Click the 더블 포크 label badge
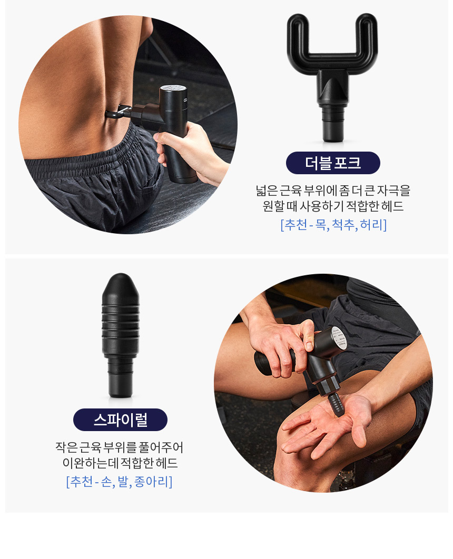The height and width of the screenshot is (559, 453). point(333,163)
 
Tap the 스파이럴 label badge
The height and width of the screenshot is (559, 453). point(120,420)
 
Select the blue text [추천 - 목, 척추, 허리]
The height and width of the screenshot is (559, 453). point(333,225)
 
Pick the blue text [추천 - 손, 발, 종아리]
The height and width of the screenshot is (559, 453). point(119,482)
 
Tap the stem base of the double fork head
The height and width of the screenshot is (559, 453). point(333,125)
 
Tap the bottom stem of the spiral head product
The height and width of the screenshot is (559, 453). point(121,378)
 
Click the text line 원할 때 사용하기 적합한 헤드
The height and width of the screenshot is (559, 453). point(333,206)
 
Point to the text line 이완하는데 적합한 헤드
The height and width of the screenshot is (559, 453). point(120,463)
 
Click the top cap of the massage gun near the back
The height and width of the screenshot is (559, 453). point(173,88)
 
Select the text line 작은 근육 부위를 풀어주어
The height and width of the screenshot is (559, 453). point(119,447)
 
